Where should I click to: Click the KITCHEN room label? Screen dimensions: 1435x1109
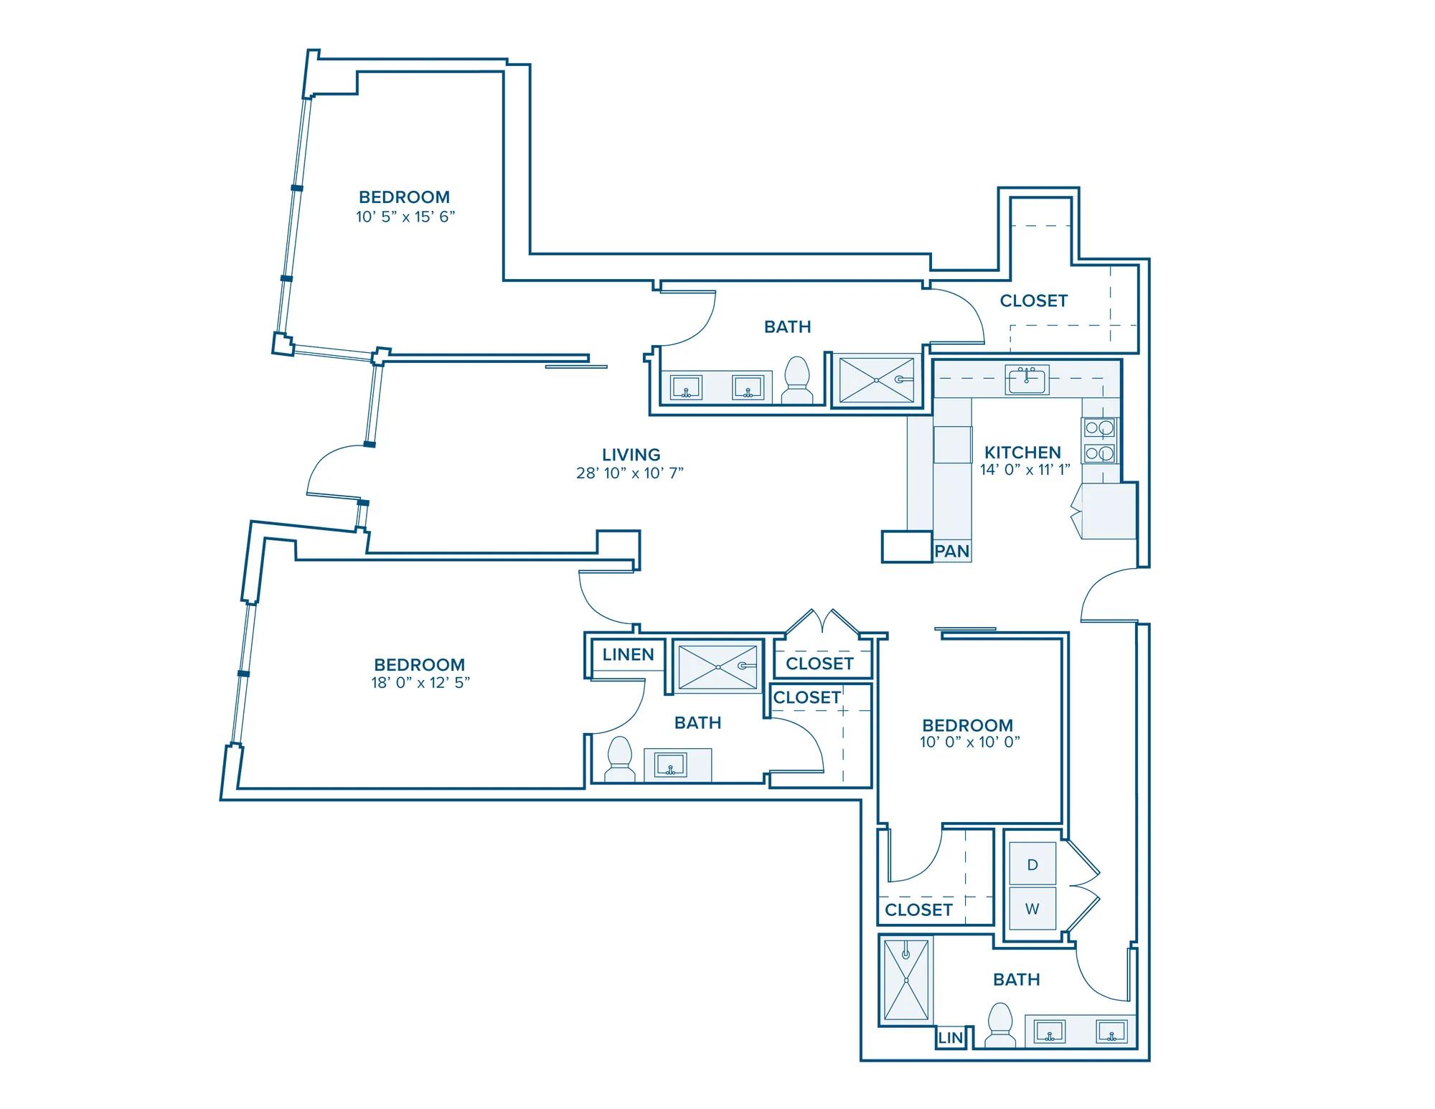[x=1022, y=453]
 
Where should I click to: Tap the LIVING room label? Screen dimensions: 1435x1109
[x=631, y=455]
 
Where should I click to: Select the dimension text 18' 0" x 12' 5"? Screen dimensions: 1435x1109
[x=420, y=683]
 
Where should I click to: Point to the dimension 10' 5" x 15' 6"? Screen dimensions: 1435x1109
[x=405, y=217]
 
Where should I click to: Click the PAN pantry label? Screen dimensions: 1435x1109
[x=952, y=552]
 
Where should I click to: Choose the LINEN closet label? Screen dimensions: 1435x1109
[x=628, y=655]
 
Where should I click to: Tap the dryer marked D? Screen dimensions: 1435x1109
[x=1032, y=864]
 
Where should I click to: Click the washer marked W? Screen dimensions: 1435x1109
[x=1032, y=909]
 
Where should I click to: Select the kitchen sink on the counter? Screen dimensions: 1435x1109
[x=1027, y=379]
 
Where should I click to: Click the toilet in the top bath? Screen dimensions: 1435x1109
[x=796, y=381]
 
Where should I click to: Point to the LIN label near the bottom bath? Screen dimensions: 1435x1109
[x=950, y=1038]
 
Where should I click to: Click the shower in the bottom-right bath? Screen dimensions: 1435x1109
[x=906, y=980]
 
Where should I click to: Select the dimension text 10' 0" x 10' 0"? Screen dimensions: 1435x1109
[x=970, y=742]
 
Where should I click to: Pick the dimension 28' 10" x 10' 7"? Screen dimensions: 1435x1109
[x=630, y=473]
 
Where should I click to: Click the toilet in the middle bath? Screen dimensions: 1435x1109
[x=620, y=760]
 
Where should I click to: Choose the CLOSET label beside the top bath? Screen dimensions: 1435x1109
[x=1034, y=301]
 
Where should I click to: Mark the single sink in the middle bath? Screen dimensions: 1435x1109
[x=670, y=765]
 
